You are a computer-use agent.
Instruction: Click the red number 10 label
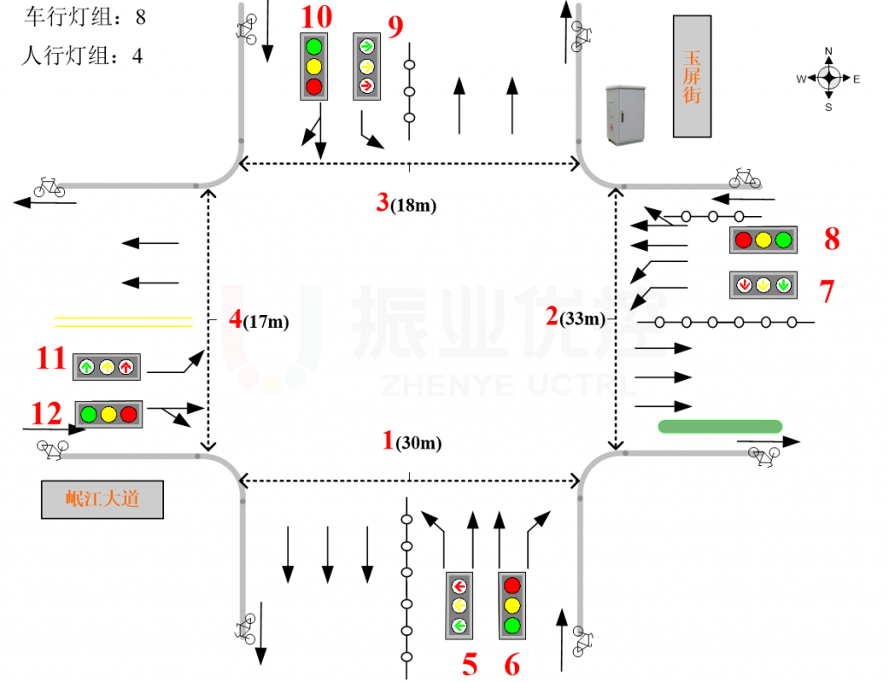pos(316,16)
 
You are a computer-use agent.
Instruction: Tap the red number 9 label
pos(396,27)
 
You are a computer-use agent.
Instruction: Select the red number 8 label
pos(832,239)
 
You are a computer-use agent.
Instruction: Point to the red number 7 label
pos(826,292)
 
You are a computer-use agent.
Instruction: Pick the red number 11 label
pos(50,357)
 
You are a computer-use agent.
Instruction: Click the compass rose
pos(828,79)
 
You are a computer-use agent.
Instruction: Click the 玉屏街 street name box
pos(692,76)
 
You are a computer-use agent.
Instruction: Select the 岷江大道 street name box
pos(102,500)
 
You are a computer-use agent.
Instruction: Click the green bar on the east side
pos(721,426)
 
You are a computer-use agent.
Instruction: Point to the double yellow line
pos(123,322)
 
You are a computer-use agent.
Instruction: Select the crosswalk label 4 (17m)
pos(259,320)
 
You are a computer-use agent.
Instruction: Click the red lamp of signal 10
pos(314,86)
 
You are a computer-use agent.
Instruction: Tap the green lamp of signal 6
pos(512,625)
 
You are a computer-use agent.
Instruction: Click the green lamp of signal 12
pos(89,414)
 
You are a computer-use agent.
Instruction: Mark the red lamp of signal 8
pos(743,239)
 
